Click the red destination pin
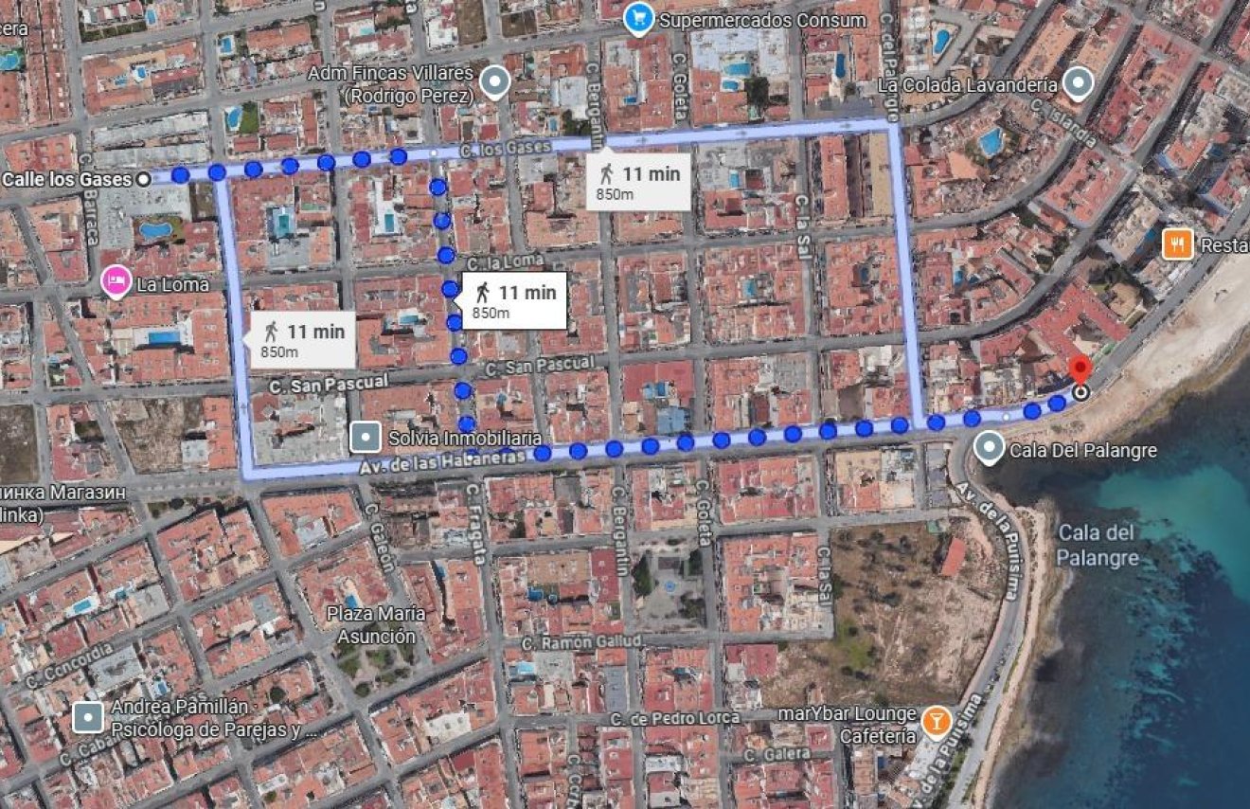(x=1079, y=370)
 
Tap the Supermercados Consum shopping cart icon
(x=640, y=19)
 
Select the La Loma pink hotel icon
(x=116, y=281)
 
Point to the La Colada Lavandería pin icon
(x=1078, y=84)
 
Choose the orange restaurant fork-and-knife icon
(x=1177, y=244)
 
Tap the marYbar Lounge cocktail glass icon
(x=936, y=721)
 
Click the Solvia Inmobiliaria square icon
(x=365, y=438)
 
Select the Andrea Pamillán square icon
(x=88, y=717)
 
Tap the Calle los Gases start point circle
(x=143, y=178)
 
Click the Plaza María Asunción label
(x=377, y=625)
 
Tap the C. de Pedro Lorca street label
(x=675, y=718)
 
